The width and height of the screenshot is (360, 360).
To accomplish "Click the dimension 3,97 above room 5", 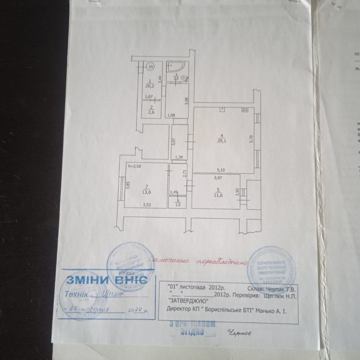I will [x=218, y=177].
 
